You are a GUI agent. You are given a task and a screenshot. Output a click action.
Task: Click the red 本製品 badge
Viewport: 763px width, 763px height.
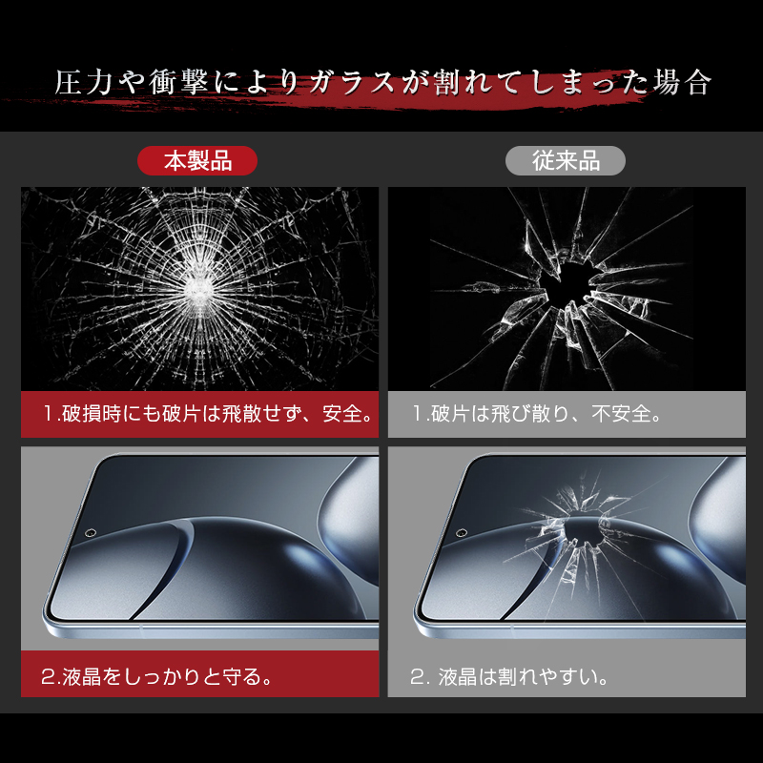point(197,160)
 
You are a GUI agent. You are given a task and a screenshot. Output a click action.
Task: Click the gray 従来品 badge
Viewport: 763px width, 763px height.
point(566,160)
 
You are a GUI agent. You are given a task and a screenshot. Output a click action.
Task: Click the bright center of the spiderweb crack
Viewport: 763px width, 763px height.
point(198,288)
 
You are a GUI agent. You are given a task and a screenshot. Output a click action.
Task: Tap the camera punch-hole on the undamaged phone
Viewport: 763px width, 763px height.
point(90,533)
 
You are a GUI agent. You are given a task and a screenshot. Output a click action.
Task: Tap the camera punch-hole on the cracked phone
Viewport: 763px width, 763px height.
point(462,533)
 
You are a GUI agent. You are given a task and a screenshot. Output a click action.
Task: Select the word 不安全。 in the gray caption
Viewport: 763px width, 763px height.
point(627,414)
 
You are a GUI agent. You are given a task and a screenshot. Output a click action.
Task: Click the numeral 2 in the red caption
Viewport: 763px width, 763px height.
point(49,676)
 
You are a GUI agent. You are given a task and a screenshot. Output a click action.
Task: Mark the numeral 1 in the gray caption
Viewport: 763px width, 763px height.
point(418,414)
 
